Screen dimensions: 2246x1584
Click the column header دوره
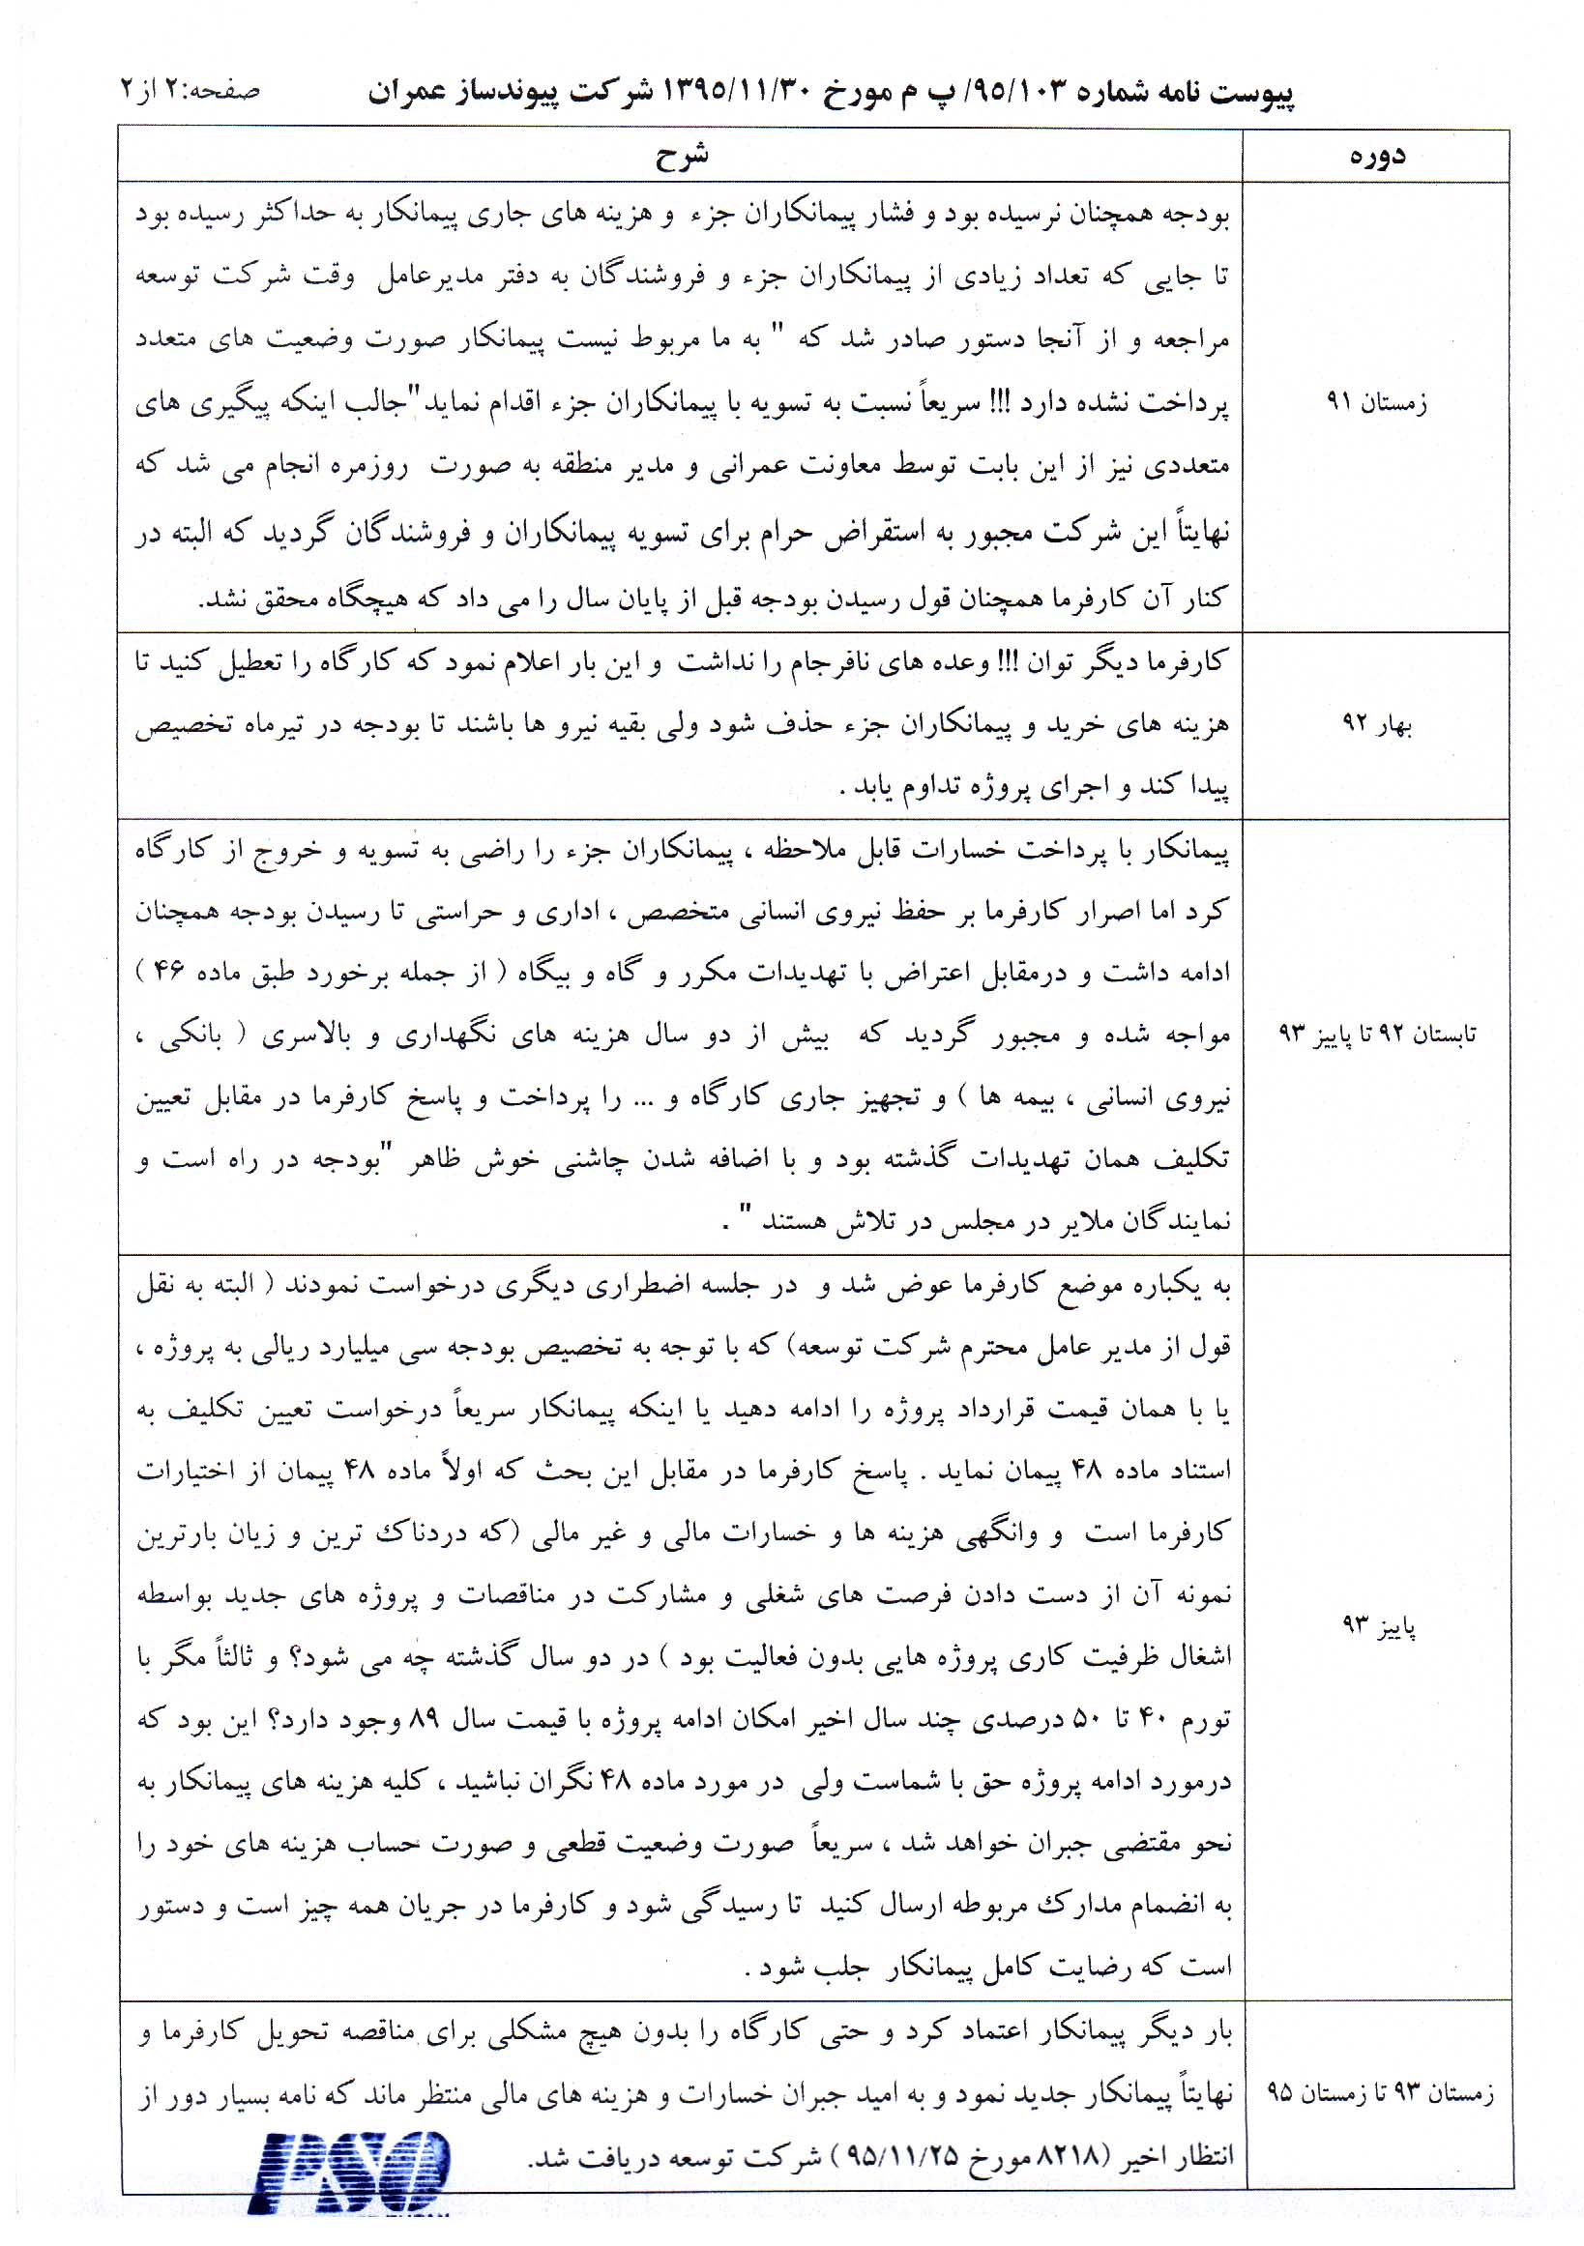point(1377,158)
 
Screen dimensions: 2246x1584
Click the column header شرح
point(681,156)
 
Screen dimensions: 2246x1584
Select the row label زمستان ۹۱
point(1376,401)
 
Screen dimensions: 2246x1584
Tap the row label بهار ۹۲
point(1377,725)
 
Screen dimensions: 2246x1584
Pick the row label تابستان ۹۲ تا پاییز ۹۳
point(1378,1034)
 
